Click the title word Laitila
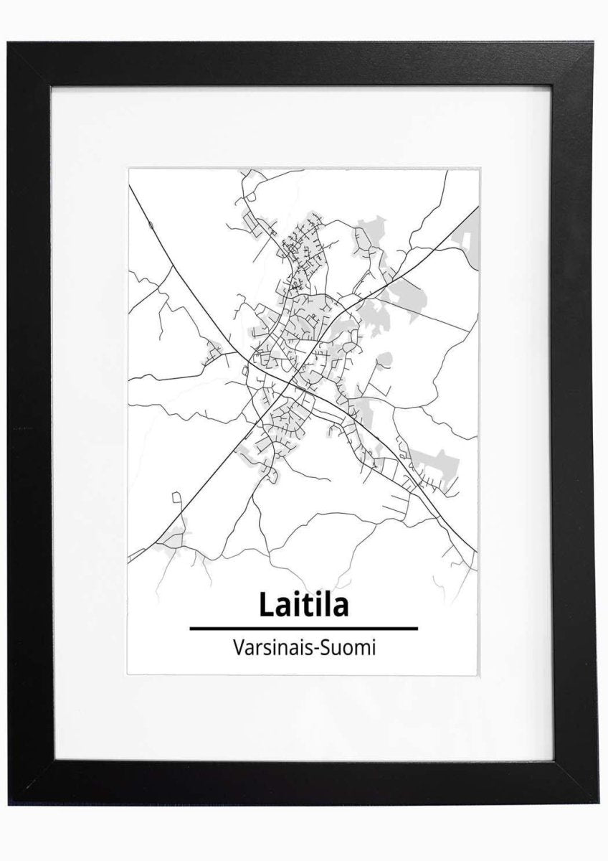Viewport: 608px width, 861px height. pos(303,605)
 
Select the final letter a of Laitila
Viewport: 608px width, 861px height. pos(340,608)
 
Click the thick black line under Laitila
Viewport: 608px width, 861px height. pos(303,628)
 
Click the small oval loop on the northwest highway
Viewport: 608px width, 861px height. pos(150,226)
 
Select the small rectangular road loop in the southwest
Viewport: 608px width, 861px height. pos(176,496)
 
